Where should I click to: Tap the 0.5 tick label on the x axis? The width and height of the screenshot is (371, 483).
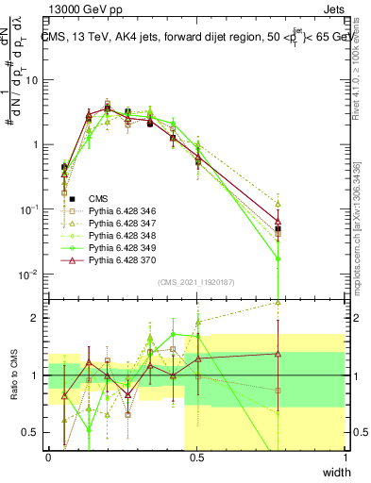tap(196, 457)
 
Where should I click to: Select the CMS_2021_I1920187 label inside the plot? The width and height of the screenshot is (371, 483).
tap(196, 282)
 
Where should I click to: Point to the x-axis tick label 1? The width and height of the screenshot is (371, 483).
tap(346, 457)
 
